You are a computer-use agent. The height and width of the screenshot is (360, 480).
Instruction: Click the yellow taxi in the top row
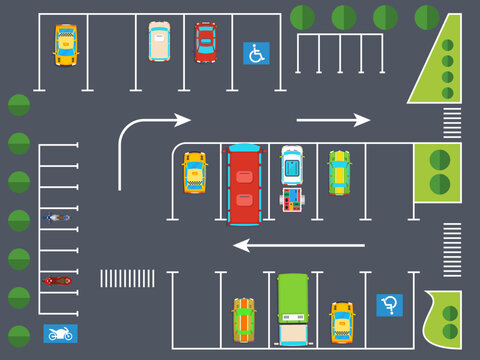[66, 45]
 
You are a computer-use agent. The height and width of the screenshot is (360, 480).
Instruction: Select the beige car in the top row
[159, 41]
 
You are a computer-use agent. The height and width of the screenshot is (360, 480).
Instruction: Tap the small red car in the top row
[206, 42]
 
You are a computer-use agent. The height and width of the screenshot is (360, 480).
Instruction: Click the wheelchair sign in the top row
[256, 53]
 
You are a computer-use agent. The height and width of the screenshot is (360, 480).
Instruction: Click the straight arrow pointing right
[333, 120]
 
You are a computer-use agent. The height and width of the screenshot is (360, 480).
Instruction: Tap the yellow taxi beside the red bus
[194, 172]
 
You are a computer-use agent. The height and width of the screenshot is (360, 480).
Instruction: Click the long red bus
[244, 184]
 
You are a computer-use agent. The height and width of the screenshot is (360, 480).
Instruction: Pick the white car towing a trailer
[291, 165]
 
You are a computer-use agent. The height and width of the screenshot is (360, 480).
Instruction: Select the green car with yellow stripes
[339, 172]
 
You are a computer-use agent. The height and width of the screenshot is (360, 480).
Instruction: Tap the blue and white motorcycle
[57, 217]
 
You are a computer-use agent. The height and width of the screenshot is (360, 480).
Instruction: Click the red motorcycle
[57, 281]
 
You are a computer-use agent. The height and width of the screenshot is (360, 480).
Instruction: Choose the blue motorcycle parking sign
[60, 333]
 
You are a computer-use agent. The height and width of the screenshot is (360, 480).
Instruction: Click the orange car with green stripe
[244, 319]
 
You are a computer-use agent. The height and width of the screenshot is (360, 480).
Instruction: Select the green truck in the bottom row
[293, 309]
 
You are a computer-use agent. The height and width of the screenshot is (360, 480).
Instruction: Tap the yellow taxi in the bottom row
[342, 321]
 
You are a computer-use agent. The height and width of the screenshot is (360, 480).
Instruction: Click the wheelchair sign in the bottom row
[389, 305]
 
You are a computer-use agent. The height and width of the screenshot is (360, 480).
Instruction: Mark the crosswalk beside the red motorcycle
[127, 278]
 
